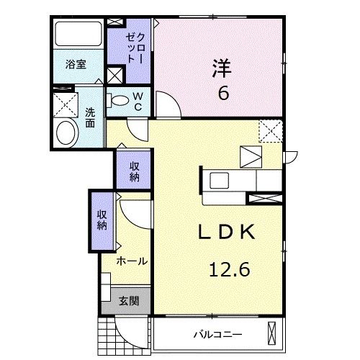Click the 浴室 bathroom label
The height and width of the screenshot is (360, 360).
76,64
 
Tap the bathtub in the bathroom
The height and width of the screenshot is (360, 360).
78,34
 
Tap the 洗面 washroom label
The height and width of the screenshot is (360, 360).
90,117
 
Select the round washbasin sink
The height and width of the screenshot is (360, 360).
67,132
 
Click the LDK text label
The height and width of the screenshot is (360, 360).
225,233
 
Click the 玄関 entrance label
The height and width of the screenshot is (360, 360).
130,301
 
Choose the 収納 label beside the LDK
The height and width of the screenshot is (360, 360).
134,171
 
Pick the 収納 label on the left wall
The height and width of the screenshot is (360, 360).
102,219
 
